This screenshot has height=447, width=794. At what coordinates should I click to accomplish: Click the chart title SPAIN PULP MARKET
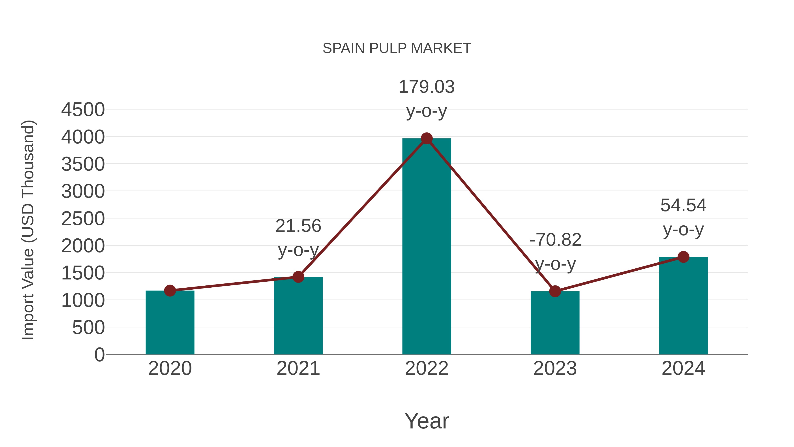click(x=397, y=48)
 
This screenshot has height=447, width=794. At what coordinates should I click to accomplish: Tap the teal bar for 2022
click(x=427, y=247)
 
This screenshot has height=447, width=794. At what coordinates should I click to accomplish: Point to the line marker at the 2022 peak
click(x=427, y=138)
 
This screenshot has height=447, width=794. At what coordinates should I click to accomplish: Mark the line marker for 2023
click(x=555, y=291)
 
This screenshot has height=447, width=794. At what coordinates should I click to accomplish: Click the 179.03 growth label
click(x=427, y=87)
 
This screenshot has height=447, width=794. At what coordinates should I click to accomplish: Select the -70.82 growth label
click(x=555, y=240)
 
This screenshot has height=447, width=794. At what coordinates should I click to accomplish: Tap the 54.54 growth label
click(x=683, y=206)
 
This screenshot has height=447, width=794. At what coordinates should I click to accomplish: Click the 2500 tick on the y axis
click(x=83, y=219)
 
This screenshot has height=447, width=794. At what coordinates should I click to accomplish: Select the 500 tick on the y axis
click(x=88, y=327)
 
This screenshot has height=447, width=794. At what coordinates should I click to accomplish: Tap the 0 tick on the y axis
click(x=99, y=355)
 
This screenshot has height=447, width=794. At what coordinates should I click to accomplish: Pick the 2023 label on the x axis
click(x=555, y=368)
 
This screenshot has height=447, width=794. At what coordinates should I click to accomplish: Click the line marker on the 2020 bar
click(x=170, y=290)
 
